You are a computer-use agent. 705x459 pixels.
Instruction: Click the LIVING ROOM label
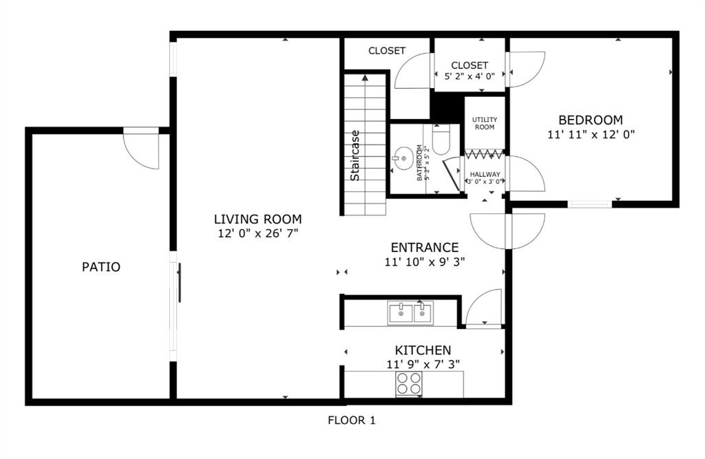(257, 220)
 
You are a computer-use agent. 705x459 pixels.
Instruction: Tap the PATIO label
(101, 267)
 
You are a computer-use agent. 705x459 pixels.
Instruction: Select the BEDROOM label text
(590, 120)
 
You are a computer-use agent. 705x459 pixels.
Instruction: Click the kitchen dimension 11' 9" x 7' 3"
(423, 364)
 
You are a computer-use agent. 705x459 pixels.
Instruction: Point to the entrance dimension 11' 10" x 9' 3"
(424, 261)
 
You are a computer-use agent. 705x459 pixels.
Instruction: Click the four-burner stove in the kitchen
(409, 383)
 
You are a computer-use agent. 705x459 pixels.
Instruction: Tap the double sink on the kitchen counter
(410, 313)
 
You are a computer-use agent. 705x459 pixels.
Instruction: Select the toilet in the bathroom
(441, 139)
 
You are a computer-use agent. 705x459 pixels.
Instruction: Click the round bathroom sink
(403, 158)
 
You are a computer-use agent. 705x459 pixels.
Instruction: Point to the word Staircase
(355, 156)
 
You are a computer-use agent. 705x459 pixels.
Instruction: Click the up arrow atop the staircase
(365, 78)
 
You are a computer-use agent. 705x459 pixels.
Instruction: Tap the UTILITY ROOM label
(485, 123)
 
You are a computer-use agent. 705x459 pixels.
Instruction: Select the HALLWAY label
(485, 174)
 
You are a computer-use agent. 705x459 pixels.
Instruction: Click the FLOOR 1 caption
(352, 420)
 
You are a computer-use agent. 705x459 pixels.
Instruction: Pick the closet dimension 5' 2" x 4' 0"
(470, 76)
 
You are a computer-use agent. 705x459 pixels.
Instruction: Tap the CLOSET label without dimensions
(387, 51)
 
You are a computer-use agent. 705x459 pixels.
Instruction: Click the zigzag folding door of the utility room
(484, 155)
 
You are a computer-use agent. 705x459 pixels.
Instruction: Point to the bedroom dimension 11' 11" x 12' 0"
(591, 134)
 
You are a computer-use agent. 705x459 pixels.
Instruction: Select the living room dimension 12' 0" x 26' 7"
(258, 234)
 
